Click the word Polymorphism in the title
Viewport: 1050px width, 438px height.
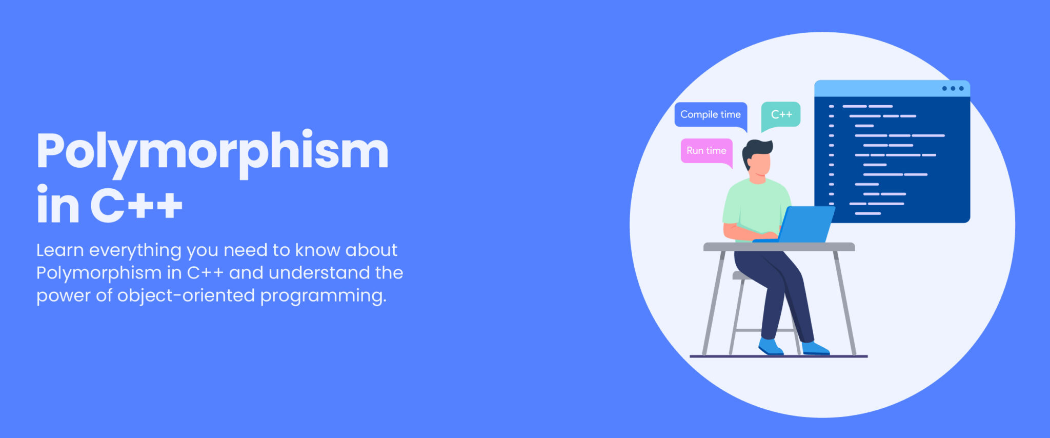[212, 152]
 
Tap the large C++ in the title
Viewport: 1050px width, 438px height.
[136, 206]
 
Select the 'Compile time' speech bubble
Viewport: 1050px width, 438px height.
[710, 114]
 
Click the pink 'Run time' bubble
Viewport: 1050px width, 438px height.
[706, 151]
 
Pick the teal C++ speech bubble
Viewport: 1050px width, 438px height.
[781, 114]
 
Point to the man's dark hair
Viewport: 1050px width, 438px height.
[756, 148]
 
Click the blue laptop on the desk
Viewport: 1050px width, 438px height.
[805, 224]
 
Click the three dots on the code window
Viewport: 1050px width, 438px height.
[953, 89]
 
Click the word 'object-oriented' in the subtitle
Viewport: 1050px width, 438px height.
[186, 295]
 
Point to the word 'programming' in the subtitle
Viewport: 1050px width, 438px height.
[323, 296]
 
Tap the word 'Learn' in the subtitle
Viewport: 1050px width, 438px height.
[59, 250]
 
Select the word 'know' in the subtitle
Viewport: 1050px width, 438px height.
[317, 250]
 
